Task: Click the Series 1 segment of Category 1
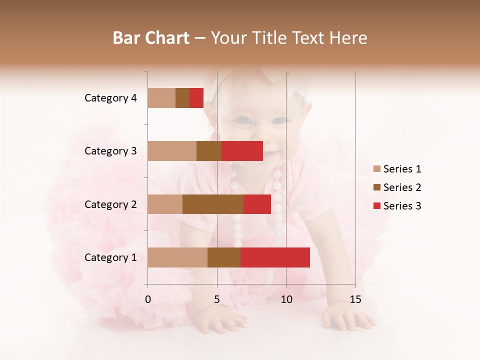[177, 257]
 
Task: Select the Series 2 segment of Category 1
[224, 257]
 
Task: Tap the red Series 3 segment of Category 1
[275, 257]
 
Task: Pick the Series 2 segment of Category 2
[213, 204]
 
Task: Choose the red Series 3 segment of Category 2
[257, 204]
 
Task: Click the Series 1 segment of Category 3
[172, 151]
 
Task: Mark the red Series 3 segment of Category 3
[242, 151]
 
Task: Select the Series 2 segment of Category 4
[182, 98]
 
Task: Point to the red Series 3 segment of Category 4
[196, 98]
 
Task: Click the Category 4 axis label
[110, 98]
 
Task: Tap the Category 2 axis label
[110, 204]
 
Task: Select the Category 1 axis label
[110, 257]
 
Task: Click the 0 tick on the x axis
[148, 299]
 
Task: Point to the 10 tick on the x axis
[286, 299]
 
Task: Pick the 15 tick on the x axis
[355, 299]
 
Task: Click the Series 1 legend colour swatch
[377, 169]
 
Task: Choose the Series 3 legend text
[402, 206]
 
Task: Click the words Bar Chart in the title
[151, 38]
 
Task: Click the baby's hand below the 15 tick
[348, 317]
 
